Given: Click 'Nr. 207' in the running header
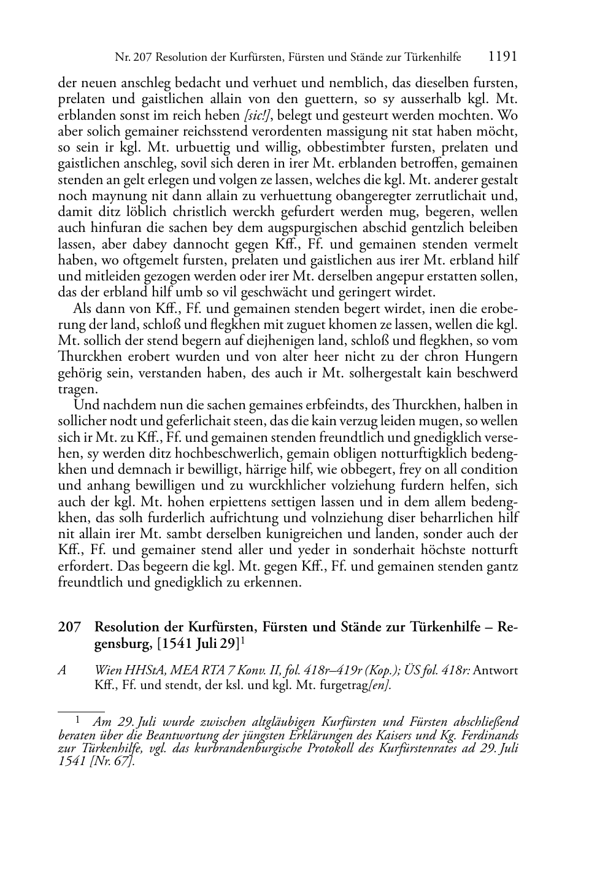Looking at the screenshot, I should point(133,58).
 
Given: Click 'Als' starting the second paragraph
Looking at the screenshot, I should point(83,308).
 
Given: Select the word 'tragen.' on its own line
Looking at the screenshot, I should point(77,389).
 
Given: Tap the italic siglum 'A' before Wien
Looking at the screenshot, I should point(62,671).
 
